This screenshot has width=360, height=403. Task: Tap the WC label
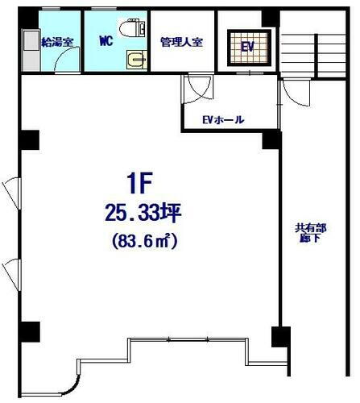[106, 40]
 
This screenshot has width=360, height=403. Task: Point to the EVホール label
[223, 120]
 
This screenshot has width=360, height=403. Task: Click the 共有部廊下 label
[307, 233]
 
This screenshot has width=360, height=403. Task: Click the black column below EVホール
[270, 139]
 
